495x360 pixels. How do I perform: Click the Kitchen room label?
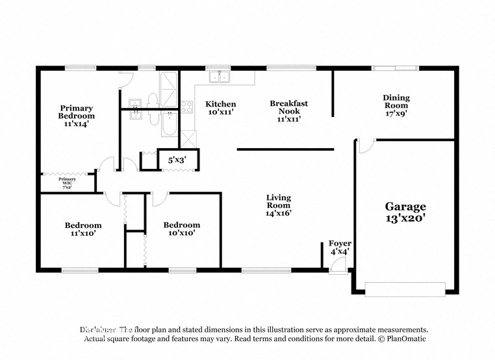tap(220, 108)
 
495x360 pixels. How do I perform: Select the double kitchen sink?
tap(220, 77)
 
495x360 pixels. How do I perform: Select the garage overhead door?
tap(405, 289)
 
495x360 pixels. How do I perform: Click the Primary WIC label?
tap(67, 183)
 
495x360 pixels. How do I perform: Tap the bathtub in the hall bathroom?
tap(168, 123)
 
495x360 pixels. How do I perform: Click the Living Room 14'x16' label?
tap(278, 205)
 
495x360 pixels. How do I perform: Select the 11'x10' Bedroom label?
tap(83, 229)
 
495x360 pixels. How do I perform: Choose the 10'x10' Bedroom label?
tap(182, 229)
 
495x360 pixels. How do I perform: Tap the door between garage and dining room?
tap(365, 146)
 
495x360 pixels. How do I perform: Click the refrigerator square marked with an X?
tap(188, 138)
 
